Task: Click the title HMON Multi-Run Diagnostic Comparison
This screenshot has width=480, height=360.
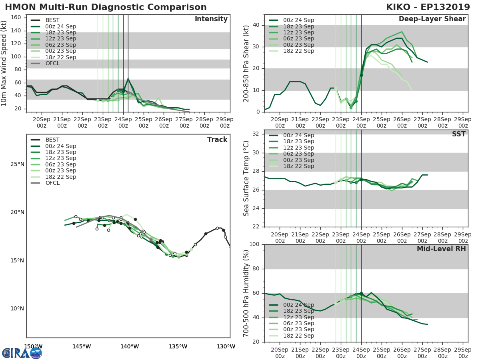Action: coord(106,7)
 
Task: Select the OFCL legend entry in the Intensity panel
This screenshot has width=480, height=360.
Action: coord(52,63)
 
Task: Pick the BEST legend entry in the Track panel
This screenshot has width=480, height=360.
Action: coord(52,140)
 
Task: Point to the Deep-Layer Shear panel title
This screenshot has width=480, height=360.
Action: coord(432,19)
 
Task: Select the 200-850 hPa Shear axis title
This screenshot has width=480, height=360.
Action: coord(246,63)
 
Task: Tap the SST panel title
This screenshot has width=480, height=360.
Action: coord(458,134)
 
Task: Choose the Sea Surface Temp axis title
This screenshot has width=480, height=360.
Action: coord(246,178)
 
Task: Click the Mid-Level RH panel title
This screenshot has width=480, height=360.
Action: coord(441,249)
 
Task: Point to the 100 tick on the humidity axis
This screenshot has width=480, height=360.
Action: coord(255,244)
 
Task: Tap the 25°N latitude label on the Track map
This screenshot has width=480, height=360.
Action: coord(17,164)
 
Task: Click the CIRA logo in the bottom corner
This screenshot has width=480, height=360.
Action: coord(22,353)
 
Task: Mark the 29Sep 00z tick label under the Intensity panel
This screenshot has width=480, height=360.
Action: coord(225,122)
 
